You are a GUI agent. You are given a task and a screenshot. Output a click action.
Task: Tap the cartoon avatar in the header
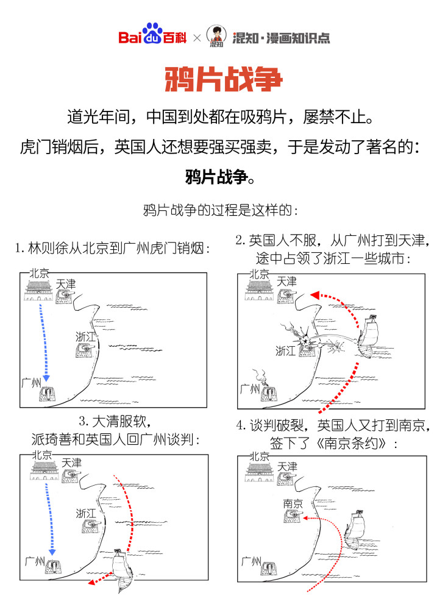click(x=216, y=36)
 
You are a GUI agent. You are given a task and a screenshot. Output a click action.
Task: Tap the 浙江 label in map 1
click(x=86, y=336)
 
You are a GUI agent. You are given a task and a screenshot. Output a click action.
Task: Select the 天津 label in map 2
click(x=286, y=282)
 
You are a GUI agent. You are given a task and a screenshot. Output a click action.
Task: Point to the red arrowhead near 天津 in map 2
click(x=315, y=296)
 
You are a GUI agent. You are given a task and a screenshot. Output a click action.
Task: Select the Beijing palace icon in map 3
click(x=42, y=473)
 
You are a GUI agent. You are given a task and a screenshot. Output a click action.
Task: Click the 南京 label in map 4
click(x=293, y=503)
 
